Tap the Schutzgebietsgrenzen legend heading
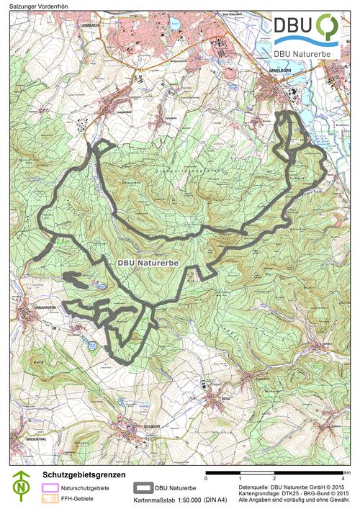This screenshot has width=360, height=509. [84, 475]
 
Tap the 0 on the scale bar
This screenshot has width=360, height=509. [207, 478]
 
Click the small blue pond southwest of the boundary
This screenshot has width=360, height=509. [91, 346]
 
